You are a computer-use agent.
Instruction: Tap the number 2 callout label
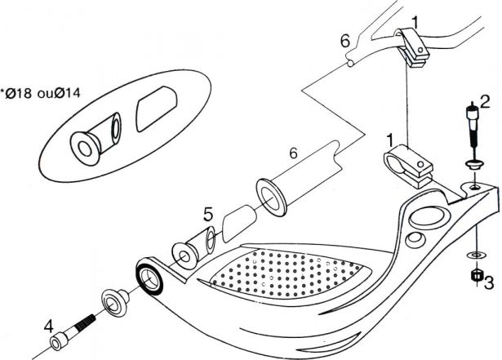(x=484, y=102)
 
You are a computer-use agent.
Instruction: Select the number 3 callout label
(x=488, y=284)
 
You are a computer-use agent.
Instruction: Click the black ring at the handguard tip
(x=150, y=278)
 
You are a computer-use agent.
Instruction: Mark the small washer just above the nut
(x=473, y=256)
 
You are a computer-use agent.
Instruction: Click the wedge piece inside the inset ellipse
(x=154, y=111)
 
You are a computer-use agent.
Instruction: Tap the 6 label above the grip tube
(x=293, y=152)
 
